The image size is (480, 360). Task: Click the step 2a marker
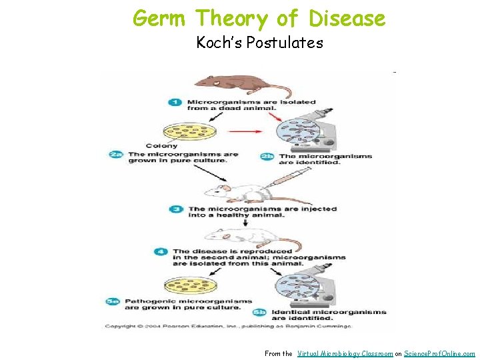click(x=116, y=155)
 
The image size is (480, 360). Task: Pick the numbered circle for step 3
click(x=177, y=209)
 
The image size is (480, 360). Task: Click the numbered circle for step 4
click(x=161, y=252)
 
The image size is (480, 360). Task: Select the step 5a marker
click(x=113, y=301)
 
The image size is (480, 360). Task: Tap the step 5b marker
click(x=260, y=312)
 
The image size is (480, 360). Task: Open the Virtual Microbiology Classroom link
click(x=345, y=353)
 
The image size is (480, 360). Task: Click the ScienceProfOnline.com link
click(x=440, y=353)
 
